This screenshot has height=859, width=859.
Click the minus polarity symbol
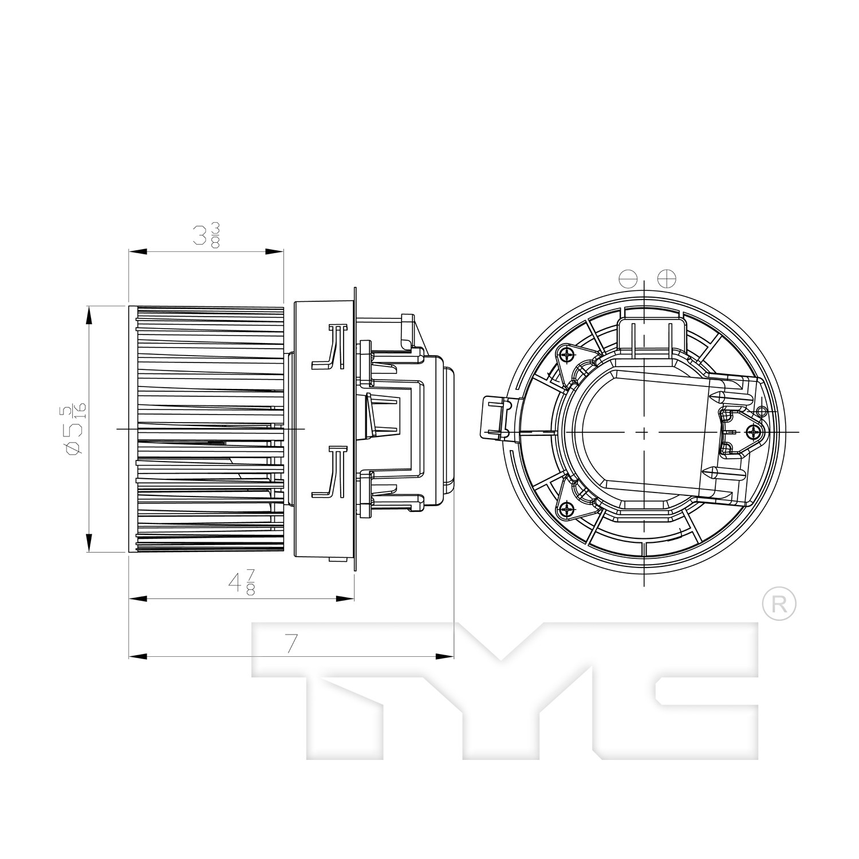[627, 279]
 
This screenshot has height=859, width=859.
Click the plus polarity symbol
[667, 279]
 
